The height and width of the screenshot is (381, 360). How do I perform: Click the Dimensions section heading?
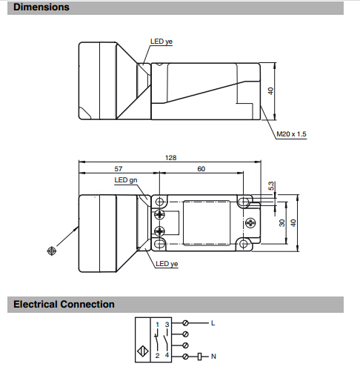pos(41,7)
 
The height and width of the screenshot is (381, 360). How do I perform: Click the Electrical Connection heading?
pos(64,304)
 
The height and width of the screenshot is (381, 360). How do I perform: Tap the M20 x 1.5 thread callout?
pos(291,134)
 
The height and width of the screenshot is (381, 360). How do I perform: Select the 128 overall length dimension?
pos(171,158)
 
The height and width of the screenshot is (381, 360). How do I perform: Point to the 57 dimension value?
pos(119,169)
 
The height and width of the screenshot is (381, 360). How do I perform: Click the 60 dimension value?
pos(201,169)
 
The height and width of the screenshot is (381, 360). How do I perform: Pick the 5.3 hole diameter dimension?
pos(271,186)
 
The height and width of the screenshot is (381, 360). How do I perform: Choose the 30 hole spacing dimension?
pos(282,223)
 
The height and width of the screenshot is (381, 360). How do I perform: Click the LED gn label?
pos(126,180)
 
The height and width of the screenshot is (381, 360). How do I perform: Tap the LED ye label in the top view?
pos(161,42)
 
